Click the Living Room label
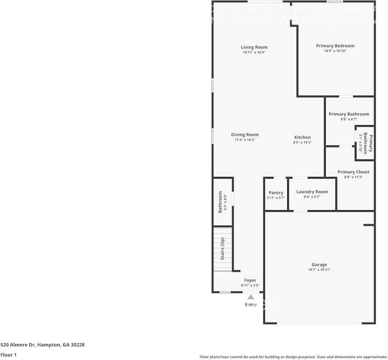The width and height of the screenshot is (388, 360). click(254, 47)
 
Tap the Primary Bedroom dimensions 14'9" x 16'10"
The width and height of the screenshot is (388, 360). click(335, 51)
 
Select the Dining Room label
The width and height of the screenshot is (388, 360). click(245, 135)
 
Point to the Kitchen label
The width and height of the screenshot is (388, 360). click(302, 137)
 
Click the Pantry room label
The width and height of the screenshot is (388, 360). click(276, 193)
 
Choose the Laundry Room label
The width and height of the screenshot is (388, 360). click(312, 192)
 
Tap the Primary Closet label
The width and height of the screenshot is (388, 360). click(353, 172)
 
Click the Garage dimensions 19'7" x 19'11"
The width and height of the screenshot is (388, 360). click(319, 270)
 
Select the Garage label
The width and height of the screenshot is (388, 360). click(319, 265)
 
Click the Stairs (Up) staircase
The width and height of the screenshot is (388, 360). click(223, 249)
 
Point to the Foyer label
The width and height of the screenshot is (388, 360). click(250, 280)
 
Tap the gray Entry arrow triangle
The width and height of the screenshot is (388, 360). click(251, 297)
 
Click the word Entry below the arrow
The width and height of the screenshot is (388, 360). click(251, 305)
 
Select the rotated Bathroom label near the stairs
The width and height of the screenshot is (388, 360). click(221, 202)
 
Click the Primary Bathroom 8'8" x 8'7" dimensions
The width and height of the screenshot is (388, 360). click(349, 119)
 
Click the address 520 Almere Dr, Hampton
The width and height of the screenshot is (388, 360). click(42, 345)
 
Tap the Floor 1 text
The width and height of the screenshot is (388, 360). click(9, 355)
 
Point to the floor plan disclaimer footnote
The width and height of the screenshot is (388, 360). click(293, 357)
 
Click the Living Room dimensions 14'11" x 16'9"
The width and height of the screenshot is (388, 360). click(254, 52)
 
